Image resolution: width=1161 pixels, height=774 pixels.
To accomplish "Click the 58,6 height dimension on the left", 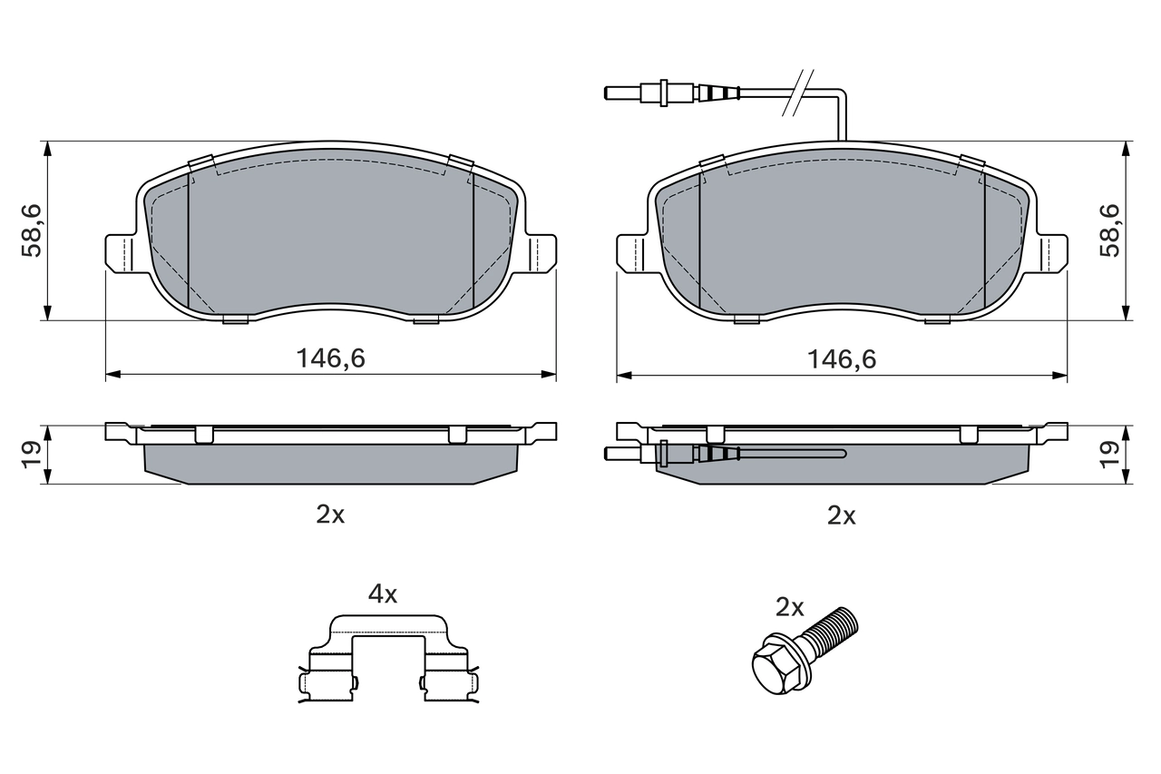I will point(33,230).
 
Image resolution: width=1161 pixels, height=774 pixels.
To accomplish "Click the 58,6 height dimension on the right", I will point(1109,230).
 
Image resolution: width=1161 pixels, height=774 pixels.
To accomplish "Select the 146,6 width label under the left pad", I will point(331,358).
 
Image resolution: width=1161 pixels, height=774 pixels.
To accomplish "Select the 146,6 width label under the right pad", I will point(842,358).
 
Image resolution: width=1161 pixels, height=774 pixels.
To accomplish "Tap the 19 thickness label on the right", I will point(1109,455).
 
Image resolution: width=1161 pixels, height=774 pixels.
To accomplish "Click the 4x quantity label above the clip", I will point(382,594).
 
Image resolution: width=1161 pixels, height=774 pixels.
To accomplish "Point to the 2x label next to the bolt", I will point(789,607).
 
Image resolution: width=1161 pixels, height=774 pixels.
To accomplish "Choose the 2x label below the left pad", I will point(330,514).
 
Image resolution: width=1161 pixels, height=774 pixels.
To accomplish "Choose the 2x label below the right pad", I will point(841,515).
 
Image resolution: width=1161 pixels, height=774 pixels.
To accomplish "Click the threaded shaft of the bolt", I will point(833,632).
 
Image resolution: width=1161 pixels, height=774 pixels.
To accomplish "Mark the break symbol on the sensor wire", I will point(799,92).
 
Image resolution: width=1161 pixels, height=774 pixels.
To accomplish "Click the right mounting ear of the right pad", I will point(1054,251).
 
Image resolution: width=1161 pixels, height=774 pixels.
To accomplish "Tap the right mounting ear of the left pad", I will point(542,251).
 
